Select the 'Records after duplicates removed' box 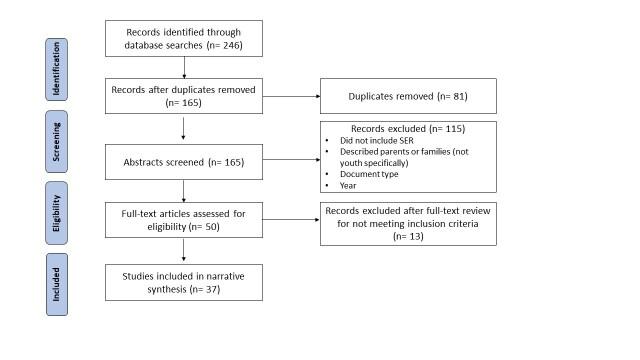[184, 96]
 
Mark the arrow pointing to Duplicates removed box [290, 96]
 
